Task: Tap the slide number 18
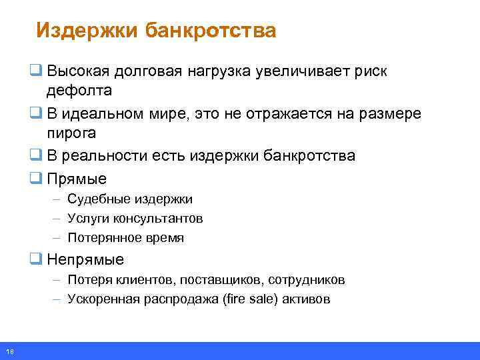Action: click(9, 351)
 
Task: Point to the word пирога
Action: click(71, 133)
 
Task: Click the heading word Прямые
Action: click(77, 179)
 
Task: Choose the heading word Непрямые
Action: click(85, 259)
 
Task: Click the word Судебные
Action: click(100, 199)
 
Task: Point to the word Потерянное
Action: click(106, 238)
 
